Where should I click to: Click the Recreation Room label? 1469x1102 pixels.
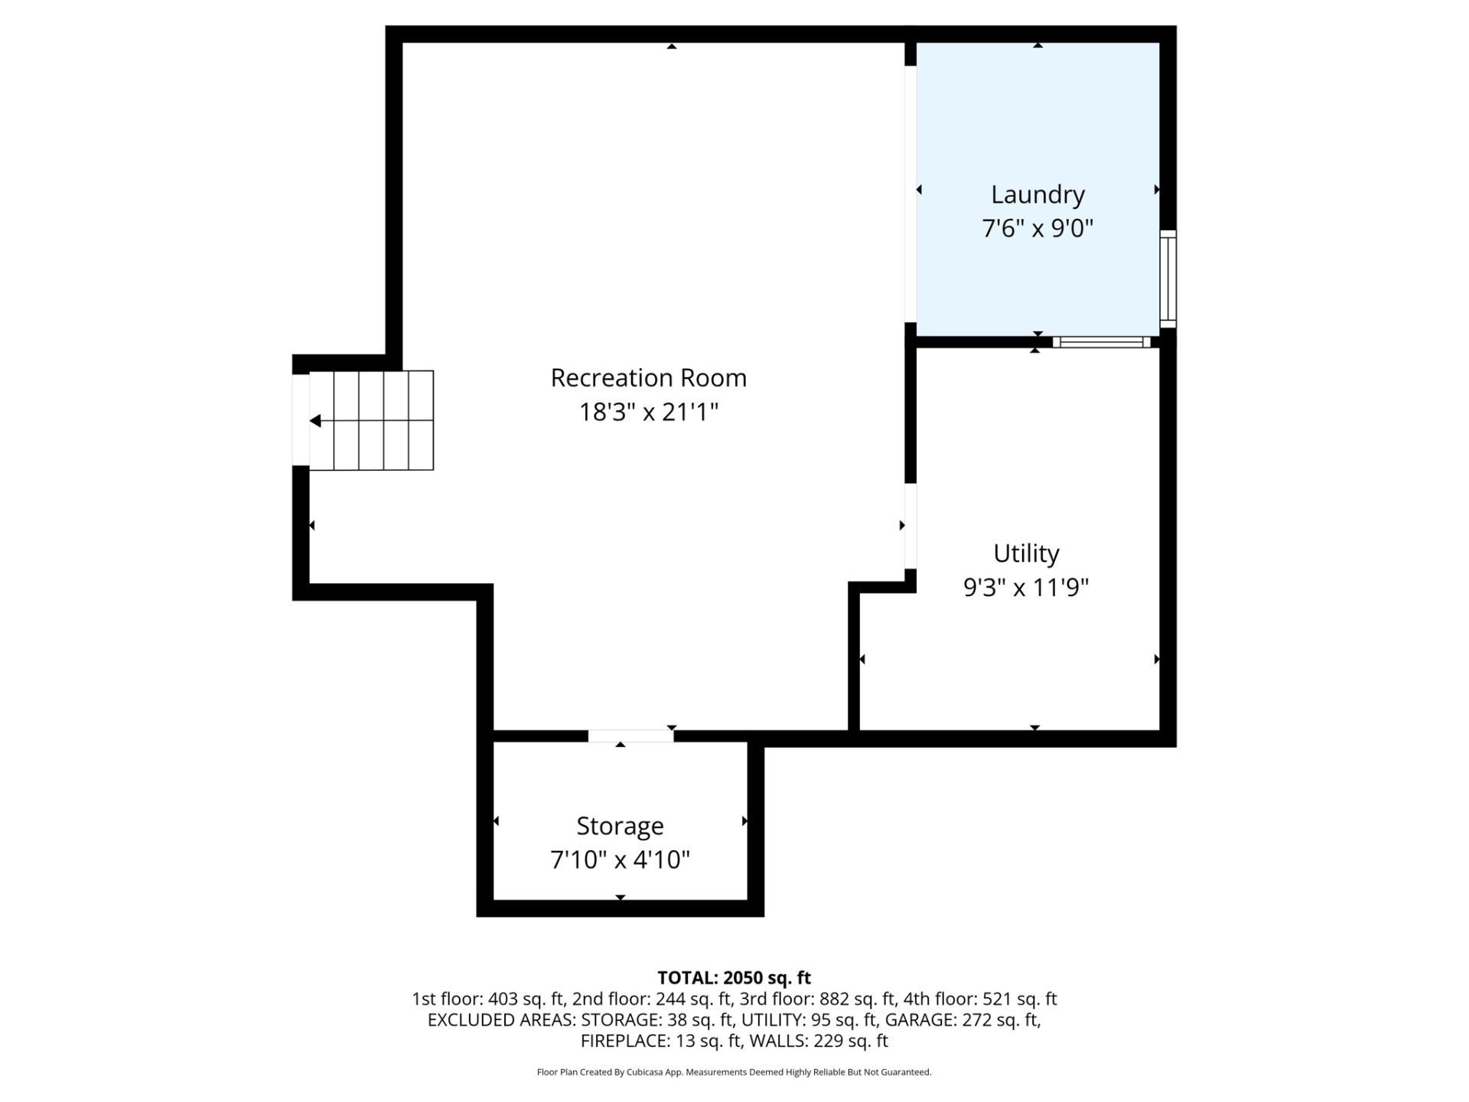point(649,378)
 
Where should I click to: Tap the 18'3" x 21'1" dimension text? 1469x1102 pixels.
point(649,412)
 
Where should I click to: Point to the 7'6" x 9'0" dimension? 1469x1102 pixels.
point(1037,228)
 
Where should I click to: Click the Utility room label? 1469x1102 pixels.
point(1026,554)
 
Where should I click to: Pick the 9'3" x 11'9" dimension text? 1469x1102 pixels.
point(1026,588)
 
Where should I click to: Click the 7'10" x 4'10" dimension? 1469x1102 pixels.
point(620,860)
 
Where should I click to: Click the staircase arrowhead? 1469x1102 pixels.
point(315,421)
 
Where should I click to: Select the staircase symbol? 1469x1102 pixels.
point(372,420)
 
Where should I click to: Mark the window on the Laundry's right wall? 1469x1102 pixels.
point(1168,279)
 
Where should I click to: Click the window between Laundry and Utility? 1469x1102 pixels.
point(1102,342)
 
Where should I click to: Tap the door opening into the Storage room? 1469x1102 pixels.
point(630,736)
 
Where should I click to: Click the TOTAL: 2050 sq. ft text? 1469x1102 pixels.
point(734,978)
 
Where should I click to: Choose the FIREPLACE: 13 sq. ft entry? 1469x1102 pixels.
point(661,1042)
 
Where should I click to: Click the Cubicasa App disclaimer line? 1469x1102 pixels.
point(734,1072)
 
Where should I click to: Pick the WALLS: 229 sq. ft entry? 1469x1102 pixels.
point(819,1042)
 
